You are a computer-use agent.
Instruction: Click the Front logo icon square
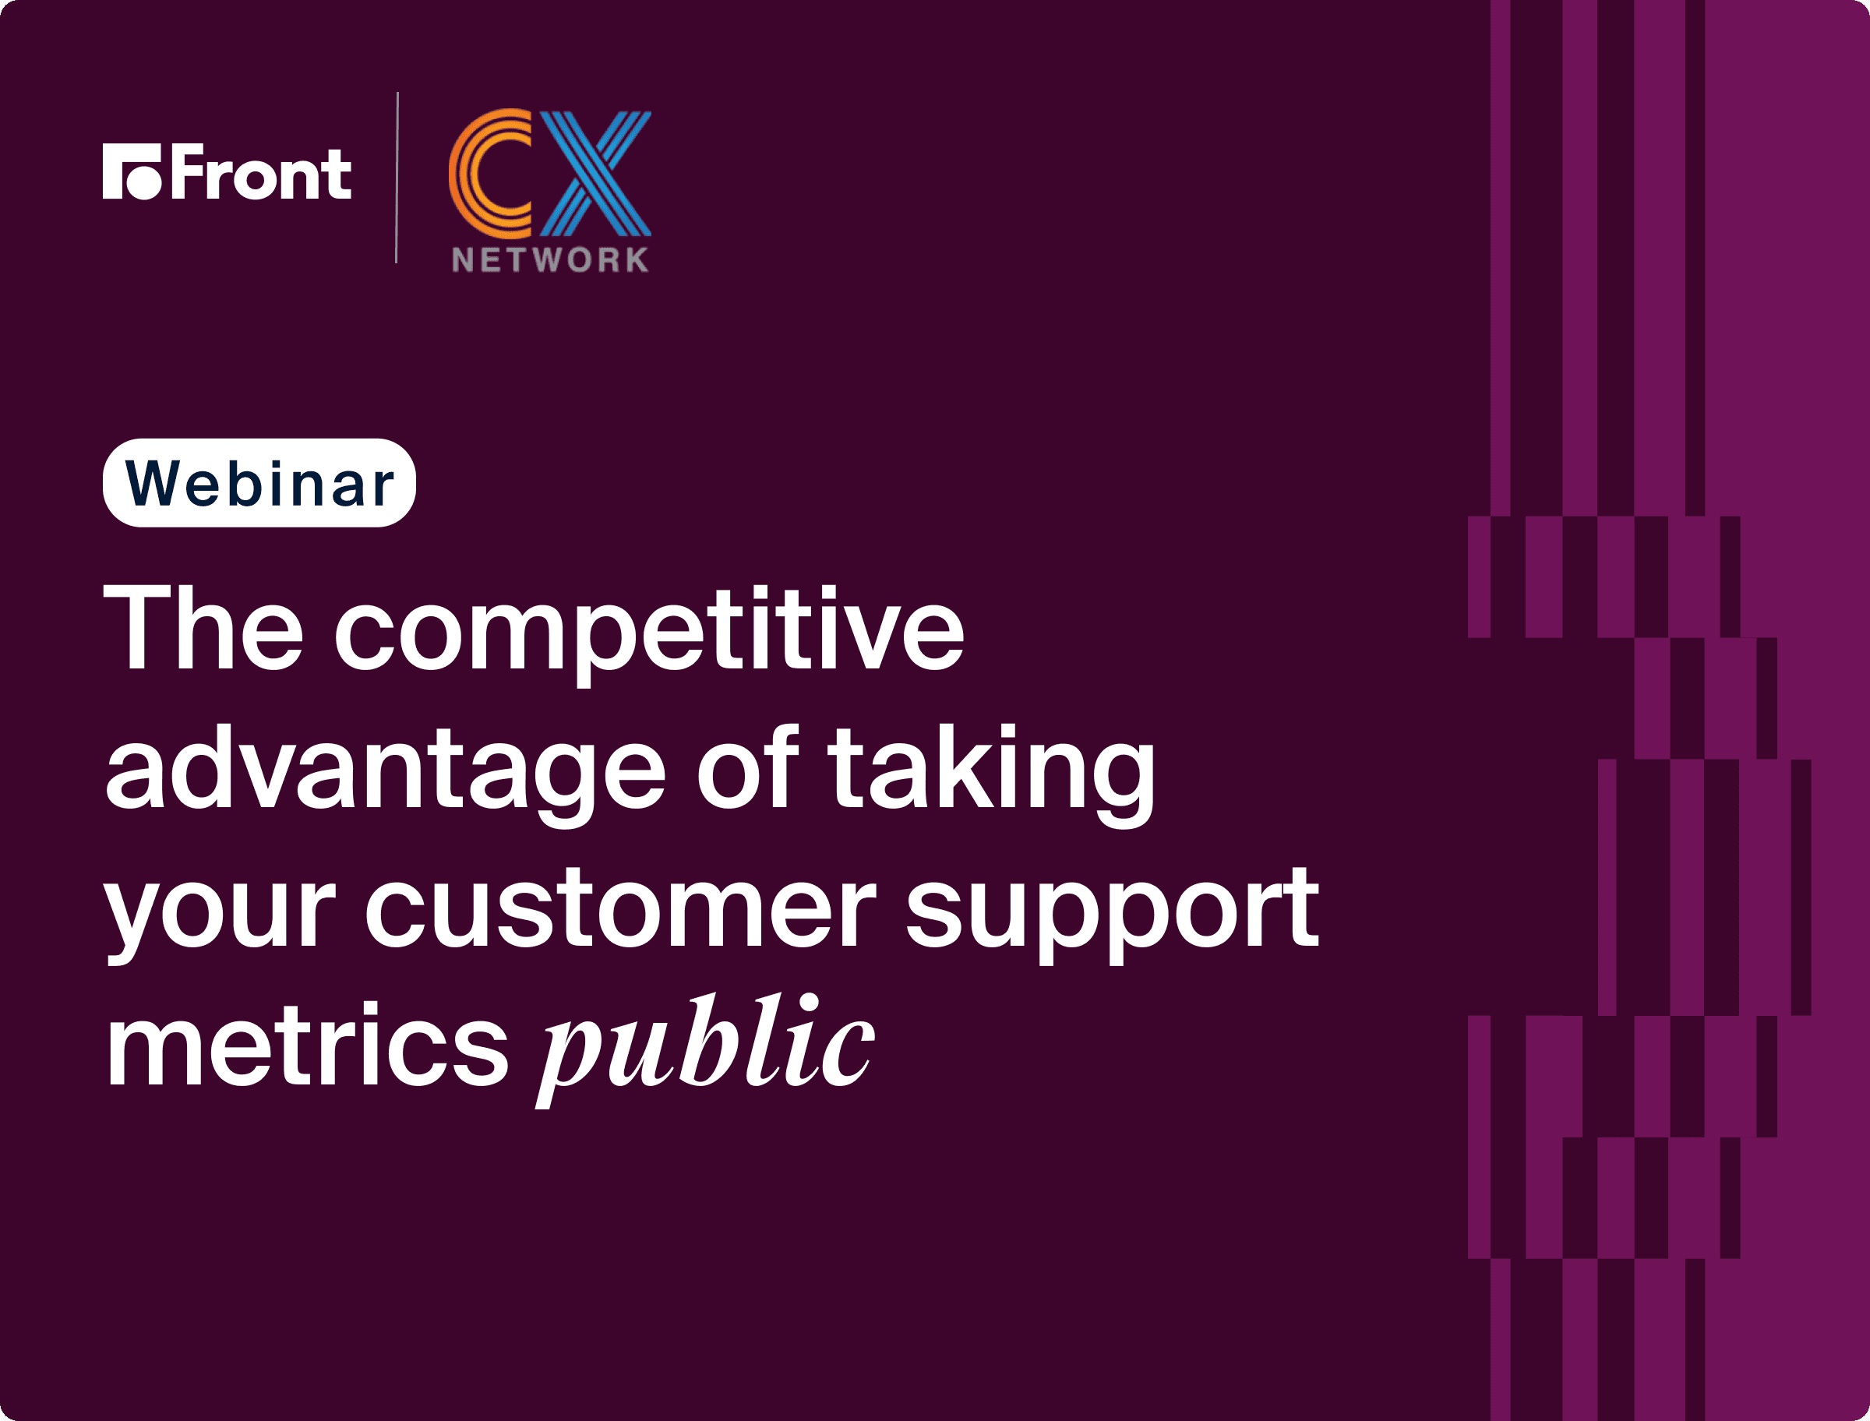tap(132, 171)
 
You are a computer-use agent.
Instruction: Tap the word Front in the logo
tap(261, 171)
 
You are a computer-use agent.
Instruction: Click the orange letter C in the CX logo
tap(489, 174)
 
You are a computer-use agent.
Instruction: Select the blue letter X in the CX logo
tap(595, 174)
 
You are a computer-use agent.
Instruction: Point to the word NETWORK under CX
tap(551, 259)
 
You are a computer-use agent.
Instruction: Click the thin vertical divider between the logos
tap(397, 178)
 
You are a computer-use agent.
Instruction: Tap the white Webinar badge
tap(259, 483)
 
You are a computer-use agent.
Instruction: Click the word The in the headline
tap(203, 629)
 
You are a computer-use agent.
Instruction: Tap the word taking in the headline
tap(991, 774)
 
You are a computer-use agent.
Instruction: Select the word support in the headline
tap(1112, 915)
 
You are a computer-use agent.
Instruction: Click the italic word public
tap(705, 1049)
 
